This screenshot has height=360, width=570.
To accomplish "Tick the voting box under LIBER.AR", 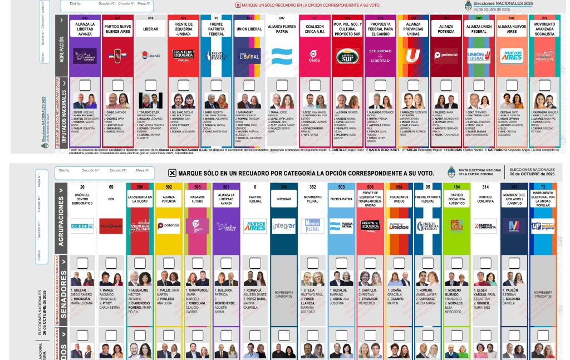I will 150,85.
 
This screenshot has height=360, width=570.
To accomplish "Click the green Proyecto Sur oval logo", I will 347,56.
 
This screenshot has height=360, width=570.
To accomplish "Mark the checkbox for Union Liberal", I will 249,85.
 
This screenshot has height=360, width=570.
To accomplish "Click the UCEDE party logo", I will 82,226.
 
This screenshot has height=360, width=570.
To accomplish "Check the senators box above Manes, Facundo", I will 111,262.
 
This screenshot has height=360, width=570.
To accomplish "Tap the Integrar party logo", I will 284,226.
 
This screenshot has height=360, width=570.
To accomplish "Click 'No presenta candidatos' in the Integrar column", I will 284,294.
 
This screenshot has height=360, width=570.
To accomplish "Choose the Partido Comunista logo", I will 485,226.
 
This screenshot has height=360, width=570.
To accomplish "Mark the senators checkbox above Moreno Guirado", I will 456,262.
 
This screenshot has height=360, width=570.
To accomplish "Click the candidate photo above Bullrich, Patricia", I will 226,278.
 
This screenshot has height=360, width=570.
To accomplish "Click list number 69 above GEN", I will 111,187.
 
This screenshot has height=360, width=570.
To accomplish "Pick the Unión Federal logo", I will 478,56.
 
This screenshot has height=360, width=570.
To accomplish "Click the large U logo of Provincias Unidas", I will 412,56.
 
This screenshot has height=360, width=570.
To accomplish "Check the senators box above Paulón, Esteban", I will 514,262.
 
